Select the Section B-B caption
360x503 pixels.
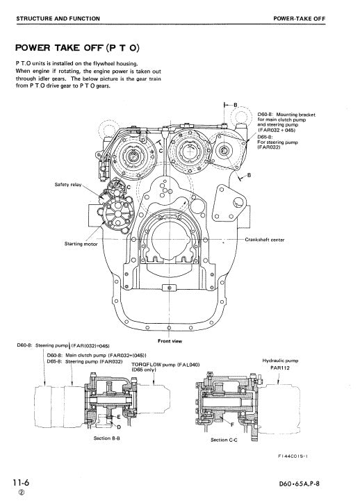[108, 439]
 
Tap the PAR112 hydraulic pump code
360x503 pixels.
[281, 369]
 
